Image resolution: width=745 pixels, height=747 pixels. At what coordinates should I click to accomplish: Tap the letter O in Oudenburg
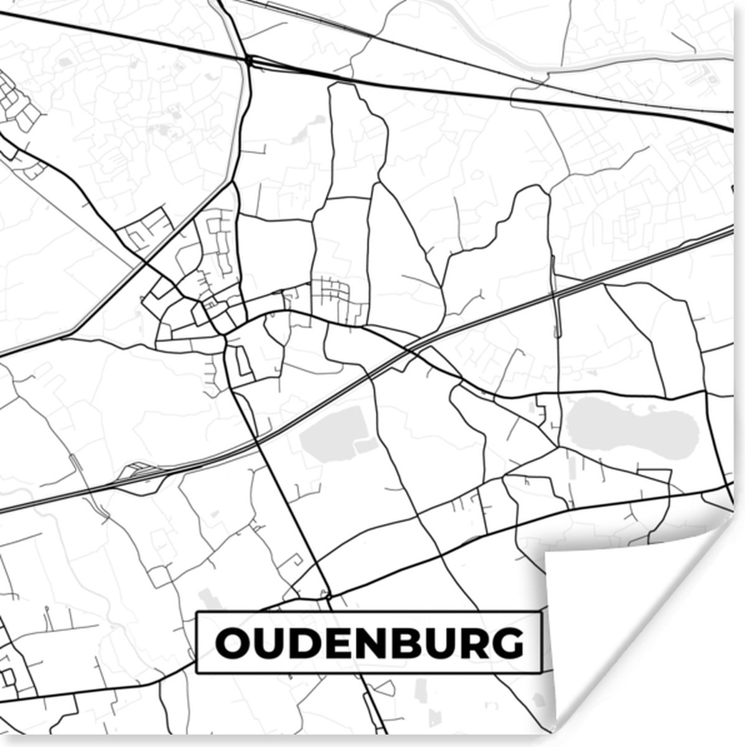(x=232, y=643)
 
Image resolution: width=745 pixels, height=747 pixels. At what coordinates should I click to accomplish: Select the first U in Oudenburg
(x=268, y=644)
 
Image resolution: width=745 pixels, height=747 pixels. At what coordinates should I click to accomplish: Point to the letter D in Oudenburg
(x=303, y=643)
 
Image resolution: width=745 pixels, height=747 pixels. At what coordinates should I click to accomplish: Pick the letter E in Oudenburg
(x=335, y=643)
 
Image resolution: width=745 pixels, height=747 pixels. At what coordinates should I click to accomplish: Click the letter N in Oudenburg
(x=367, y=643)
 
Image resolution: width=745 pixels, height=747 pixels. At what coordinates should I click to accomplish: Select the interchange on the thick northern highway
(x=250, y=61)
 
